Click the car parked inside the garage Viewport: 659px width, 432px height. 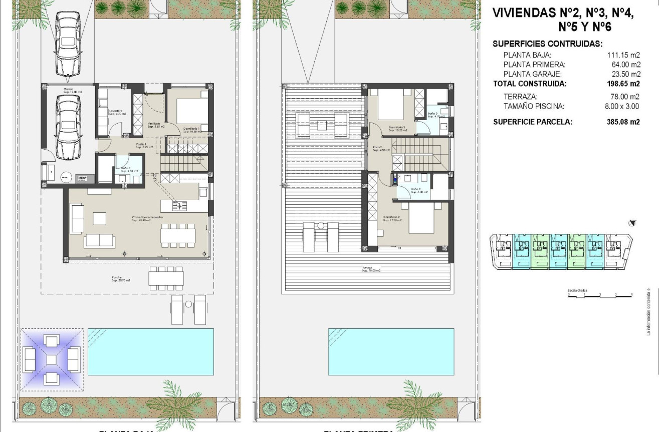[68, 126]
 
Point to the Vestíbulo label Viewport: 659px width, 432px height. [153, 125]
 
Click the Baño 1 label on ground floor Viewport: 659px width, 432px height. [124, 169]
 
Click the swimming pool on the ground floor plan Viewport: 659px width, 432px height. [150, 351]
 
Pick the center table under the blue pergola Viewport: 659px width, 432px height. [52, 359]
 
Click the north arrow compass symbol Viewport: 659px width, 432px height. [632, 223]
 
